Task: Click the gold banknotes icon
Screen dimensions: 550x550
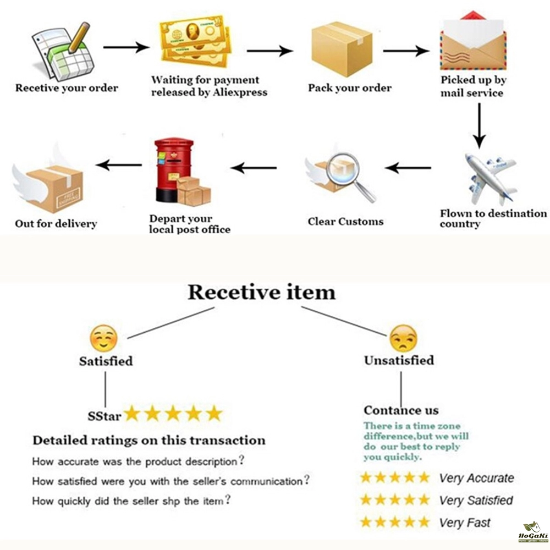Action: coord(193,44)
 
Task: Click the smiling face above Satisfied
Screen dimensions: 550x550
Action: coord(104,339)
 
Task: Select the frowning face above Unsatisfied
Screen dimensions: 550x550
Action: coord(403,338)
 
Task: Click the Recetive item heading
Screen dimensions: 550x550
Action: coord(261,292)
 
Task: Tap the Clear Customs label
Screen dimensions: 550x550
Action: coord(345,222)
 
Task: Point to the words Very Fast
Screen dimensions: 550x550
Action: coord(465,522)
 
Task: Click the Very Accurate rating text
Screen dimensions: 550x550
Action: coord(476,478)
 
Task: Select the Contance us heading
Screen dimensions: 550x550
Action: coord(401,410)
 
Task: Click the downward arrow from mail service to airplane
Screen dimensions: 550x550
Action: coord(480,125)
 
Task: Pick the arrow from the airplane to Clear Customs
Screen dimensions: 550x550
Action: coord(408,168)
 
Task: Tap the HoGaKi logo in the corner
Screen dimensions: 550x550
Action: coord(532,533)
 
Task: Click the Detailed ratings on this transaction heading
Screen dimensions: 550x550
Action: coord(148,440)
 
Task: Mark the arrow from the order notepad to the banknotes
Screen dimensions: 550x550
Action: coord(126,48)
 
